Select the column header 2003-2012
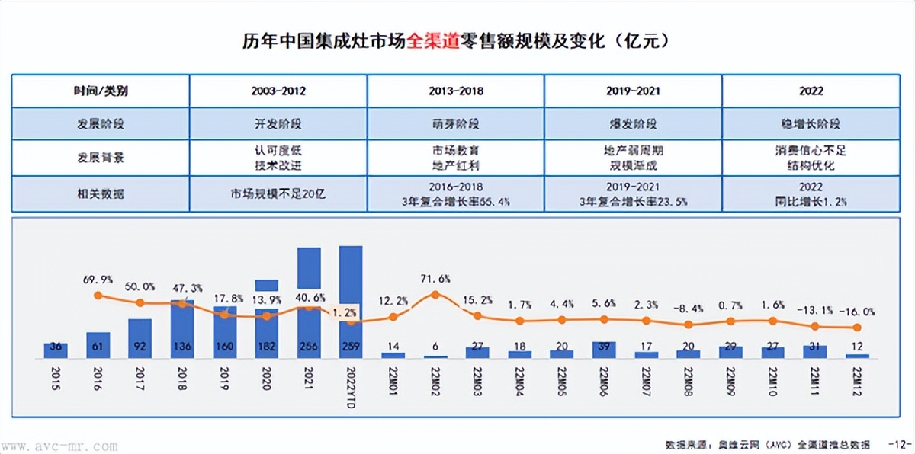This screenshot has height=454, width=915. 278,91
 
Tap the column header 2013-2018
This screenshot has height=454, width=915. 455,91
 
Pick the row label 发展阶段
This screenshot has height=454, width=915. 100,123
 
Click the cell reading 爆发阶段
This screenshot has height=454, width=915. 632,123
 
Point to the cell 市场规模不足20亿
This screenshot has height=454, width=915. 278,193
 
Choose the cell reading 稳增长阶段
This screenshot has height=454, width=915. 811,123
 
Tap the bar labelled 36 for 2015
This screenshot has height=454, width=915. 56,350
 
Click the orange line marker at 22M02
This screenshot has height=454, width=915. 435,295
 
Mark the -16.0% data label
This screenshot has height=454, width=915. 857,312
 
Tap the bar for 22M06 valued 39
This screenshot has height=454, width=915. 605,350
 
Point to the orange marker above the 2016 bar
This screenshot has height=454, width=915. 98,296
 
